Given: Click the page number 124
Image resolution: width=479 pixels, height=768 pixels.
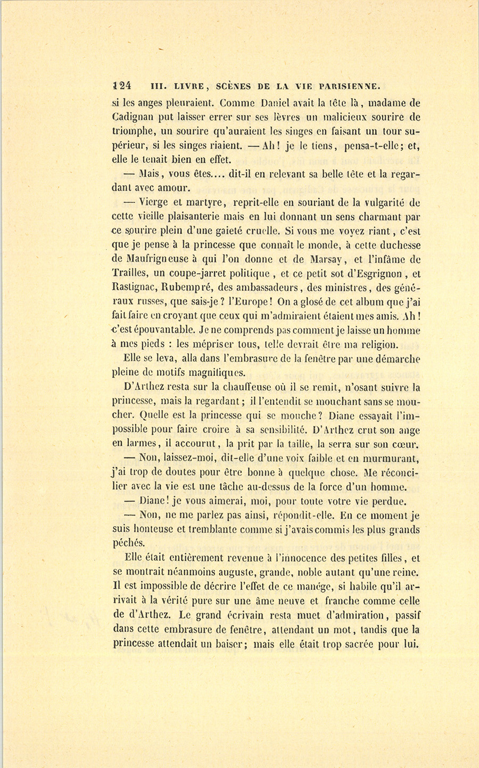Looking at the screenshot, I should (x=122, y=86).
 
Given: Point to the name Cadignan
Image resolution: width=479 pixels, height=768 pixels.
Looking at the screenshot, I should (x=134, y=117).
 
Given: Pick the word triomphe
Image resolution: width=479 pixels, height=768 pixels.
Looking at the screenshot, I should (x=136, y=132).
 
